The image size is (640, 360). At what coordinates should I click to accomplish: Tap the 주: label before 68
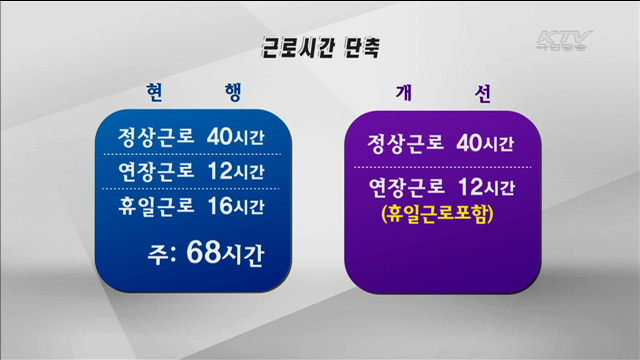pyautogui.click(x=164, y=254)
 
